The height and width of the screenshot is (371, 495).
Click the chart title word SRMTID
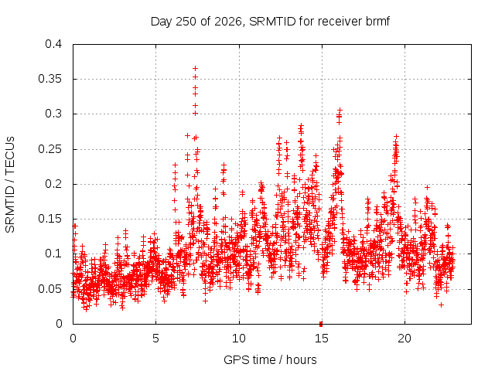tap(272, 22)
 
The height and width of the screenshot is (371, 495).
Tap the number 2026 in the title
tap(228, 22)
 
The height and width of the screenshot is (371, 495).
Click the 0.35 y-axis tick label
tap(49, 79)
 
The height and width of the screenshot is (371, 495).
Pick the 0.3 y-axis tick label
tap(53, 114)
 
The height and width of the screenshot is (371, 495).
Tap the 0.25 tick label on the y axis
tap(49, 149)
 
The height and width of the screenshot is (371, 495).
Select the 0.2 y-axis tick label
tap(53, 184)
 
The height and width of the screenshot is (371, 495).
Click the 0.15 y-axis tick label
tap(49, 219)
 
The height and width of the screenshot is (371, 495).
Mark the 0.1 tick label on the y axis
tap(53, 254)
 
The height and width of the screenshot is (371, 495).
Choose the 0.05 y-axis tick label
tap(49, 289)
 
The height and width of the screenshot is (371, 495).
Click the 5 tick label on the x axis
tap(155, 339)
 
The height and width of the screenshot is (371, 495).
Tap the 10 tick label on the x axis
tap(239, 339)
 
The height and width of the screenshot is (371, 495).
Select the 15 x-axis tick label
tap(322, 339)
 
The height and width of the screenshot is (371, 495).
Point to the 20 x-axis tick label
tap(405, 339)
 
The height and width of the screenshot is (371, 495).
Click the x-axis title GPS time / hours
tap(270, 360)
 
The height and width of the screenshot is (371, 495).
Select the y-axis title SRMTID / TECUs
tap(10, 185)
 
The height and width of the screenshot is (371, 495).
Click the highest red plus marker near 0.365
tap(196, 69)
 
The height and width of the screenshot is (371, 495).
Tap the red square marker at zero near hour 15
tap(321, 324)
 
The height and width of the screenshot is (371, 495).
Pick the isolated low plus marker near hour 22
tap(442, 305)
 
